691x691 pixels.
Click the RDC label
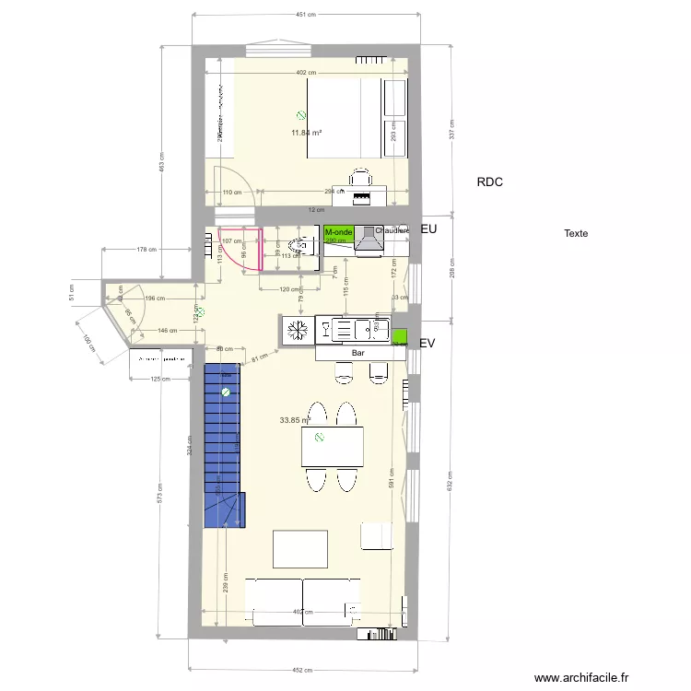coord(489,182)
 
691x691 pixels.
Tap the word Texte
coord(576,233)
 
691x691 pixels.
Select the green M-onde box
coord(339,234)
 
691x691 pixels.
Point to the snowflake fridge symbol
coord(297,329)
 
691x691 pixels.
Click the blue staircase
coord(221,442)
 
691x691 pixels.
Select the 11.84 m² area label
coord(307,133)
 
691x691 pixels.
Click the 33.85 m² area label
coord(294,420)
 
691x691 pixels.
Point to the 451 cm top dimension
coord(306,15)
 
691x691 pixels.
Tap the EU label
coord(427,228)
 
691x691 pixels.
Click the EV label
coord(427,343)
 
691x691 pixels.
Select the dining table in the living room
coord(332,448)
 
